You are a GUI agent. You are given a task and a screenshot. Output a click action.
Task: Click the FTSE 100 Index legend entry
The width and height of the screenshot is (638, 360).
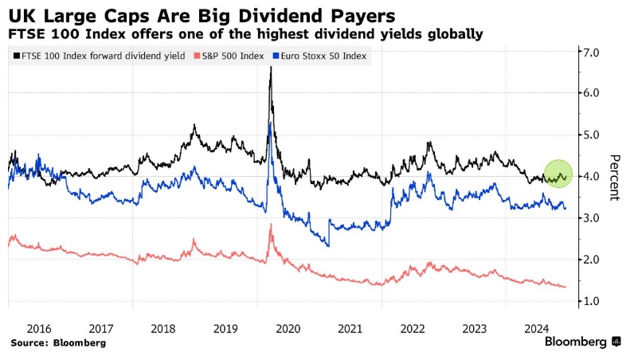click(100, 56)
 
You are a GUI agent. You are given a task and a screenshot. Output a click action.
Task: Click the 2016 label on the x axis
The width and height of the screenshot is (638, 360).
click(39, 327)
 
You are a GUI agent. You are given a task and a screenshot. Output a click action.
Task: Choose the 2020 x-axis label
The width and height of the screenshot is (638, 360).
click(288, 327)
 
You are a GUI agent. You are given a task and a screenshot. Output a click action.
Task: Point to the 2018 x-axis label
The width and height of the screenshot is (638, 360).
click(163, 327)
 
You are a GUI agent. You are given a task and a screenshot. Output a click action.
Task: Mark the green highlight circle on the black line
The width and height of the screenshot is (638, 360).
click(559, 174)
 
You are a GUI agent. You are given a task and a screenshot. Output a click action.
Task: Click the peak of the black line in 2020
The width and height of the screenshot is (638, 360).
click(271, 68)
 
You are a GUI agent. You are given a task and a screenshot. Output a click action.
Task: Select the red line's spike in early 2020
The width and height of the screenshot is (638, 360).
click(272, 225)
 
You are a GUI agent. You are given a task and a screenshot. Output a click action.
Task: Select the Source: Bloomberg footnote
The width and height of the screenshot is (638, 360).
click(58, 342)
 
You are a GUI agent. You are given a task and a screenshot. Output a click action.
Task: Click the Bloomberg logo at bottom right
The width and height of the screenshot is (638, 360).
click(583, 342)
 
